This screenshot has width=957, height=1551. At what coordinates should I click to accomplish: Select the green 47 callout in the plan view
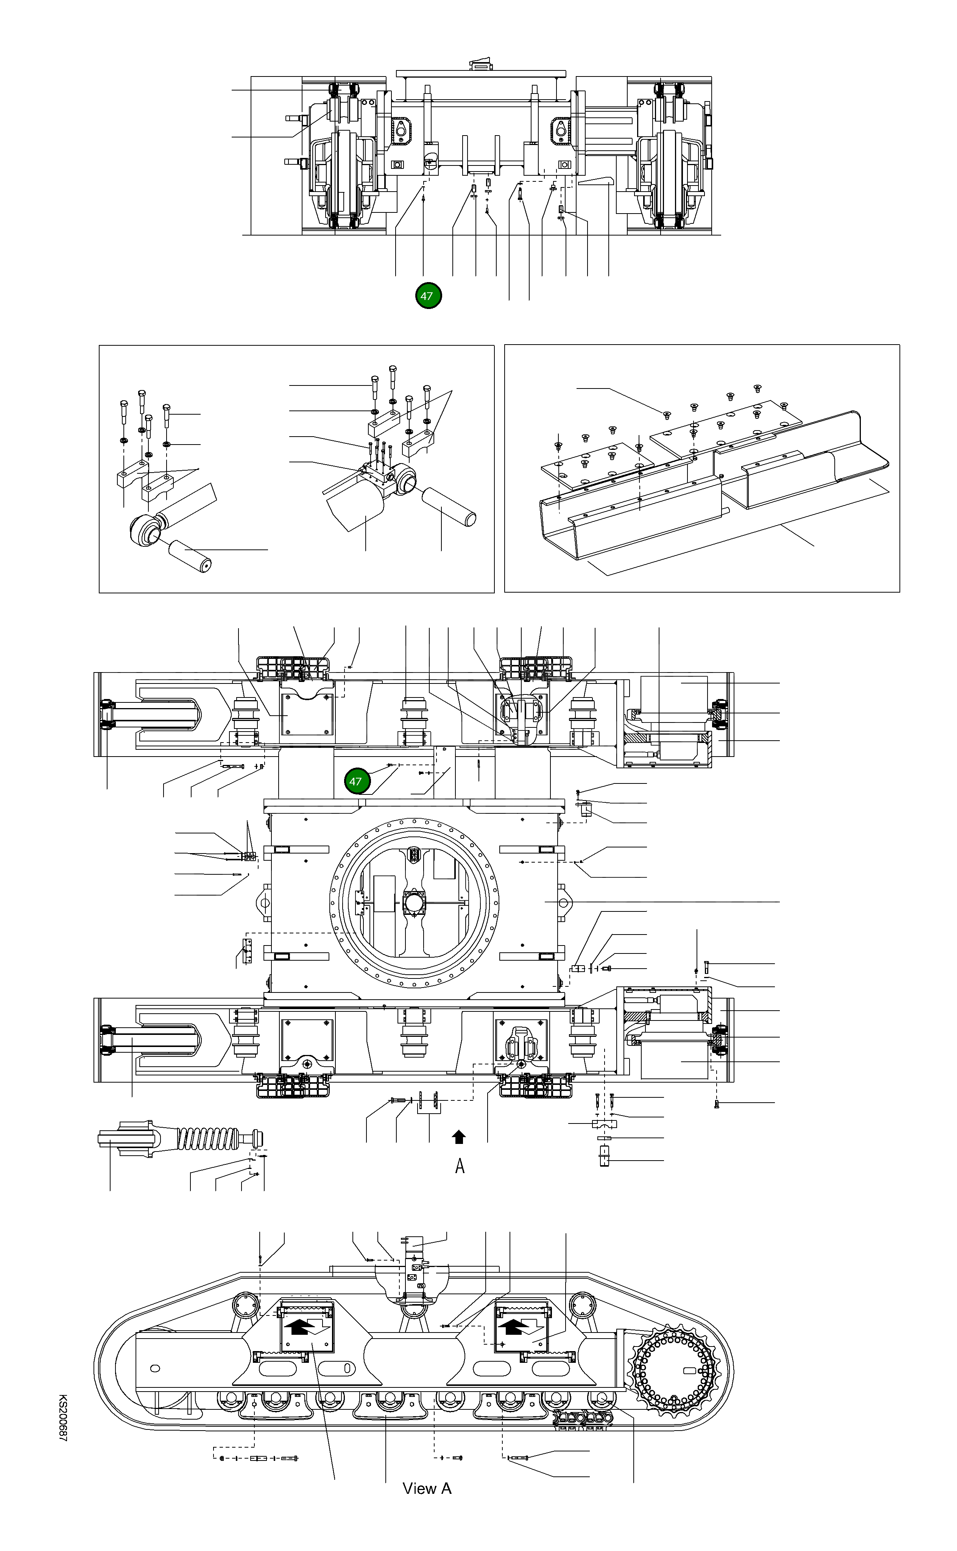pyautogui.click(x=356, y=781)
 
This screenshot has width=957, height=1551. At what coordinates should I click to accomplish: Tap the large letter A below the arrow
pyautogui.click(x=460, y=1166)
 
